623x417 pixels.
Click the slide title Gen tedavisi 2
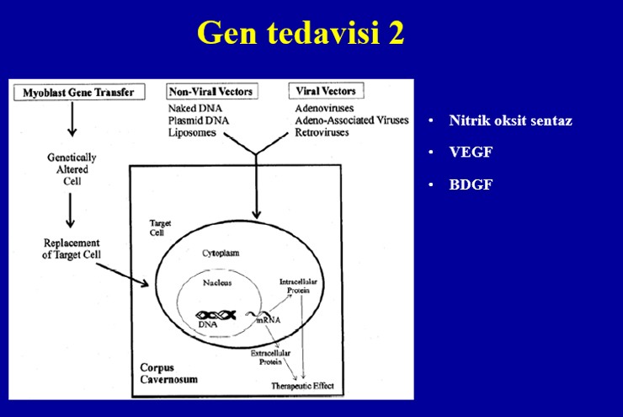point(301,33)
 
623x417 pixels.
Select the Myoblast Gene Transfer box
point(79,92)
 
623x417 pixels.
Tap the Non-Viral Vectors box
point(212,91)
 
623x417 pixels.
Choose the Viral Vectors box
point(326,91)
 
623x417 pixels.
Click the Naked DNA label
point(195,108)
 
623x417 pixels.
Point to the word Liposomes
point(192,132)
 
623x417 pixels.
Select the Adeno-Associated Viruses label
point(352,120)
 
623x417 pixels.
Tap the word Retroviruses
point(322,132)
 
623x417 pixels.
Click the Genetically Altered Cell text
point(72,169)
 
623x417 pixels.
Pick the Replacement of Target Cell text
point(72,249)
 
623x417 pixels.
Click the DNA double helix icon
point(216,315)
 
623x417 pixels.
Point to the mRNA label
point(269,320)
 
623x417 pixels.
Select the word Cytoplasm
point(221,253)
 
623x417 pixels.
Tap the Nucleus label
point(217,283)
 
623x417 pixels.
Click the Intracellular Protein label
point(298,286)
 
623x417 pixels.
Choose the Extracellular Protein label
point(270,357)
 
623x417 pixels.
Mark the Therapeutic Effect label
point(303,386)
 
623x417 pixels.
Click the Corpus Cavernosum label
point(169,373)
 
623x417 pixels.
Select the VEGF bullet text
point(471,152)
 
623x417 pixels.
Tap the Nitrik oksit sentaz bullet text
point(510,120)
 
